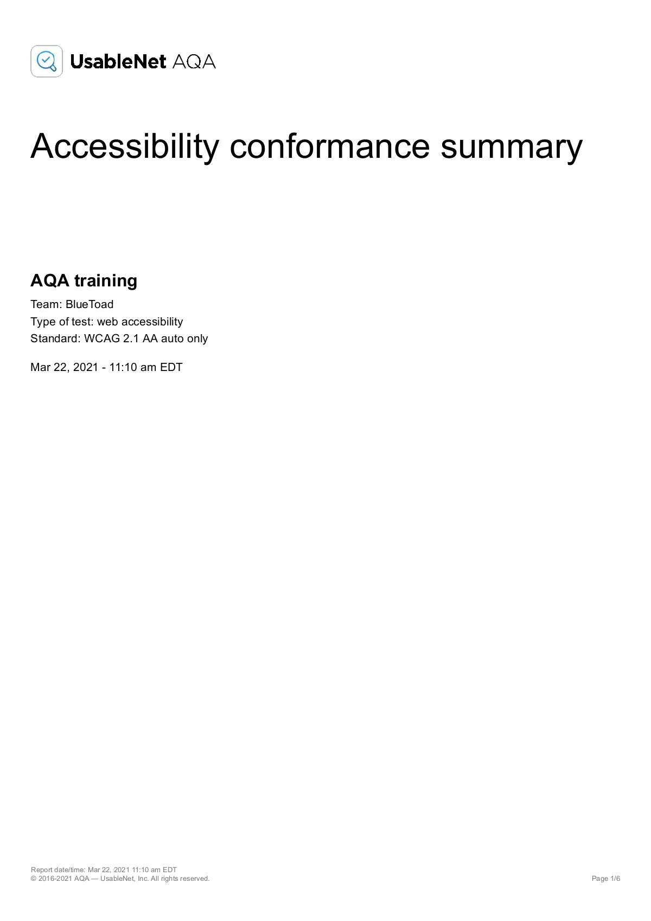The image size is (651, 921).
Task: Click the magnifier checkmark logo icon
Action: tap(47, 61)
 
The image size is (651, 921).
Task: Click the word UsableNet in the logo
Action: tap(118, 62)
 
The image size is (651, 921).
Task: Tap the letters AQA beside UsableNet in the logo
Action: tap(194, 62)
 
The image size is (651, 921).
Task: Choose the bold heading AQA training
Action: tap(84, 280)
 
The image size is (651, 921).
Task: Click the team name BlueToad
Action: tap(90, 304)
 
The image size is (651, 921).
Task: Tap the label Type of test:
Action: tap(62, 322)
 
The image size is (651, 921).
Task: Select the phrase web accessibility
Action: tap(140, 322)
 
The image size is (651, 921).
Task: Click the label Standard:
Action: tap(55, 338)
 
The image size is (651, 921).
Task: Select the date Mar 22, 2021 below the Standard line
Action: tap(64, 367)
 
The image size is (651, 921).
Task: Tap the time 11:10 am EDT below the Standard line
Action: tap(146, 367)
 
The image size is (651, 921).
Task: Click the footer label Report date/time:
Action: tap(58, 870)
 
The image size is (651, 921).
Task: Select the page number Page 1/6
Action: tap(605, 879)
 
